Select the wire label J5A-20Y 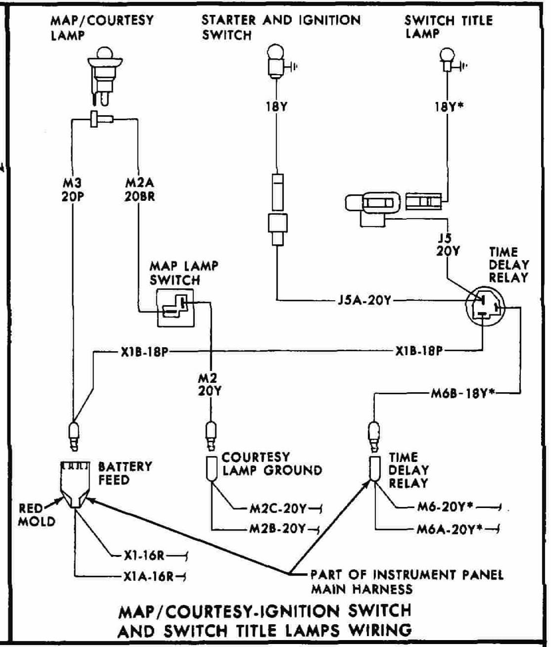[364, 300]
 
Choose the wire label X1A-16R [148, 576]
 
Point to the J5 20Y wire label [447, 245]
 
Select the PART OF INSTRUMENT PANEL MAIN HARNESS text [406, 582]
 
